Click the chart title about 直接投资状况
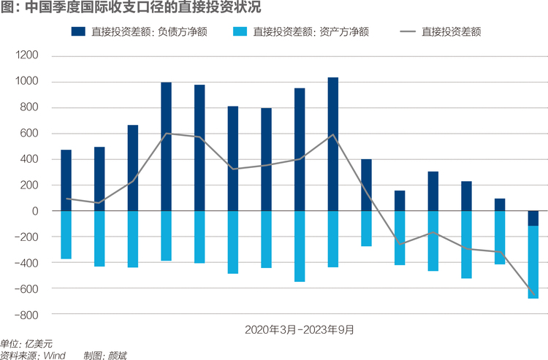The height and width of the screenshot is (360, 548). (x=131, y=7)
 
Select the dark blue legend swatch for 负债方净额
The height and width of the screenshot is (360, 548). (x=78, y=31)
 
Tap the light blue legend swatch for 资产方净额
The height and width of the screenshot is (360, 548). (x=240, y=31)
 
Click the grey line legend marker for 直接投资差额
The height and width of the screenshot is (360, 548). (x=408, y=32)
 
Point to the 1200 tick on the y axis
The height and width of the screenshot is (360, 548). (x=27, y=55)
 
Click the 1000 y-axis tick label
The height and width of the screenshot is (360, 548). (x=27, y=81)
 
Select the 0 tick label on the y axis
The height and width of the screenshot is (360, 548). (x=35, y=211)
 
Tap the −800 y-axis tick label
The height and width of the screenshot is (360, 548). (x=26, y=315)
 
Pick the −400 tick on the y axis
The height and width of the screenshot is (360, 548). (x=26, y=263)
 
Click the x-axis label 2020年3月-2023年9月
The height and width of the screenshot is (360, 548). (x=300, y=329)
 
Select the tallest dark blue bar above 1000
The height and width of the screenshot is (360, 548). (x=333, y=144)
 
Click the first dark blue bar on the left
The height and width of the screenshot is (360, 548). (x=66, y=180)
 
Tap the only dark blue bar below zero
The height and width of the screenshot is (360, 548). (x=533, y=218)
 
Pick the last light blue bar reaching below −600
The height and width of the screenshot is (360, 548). (x=533, y=262)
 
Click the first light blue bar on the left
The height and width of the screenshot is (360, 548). (x=66, y=235)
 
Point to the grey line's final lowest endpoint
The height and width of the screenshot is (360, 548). (x=533, y=294)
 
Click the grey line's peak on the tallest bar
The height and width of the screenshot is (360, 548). (x=333, y=134)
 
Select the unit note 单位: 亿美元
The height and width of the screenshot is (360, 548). (x=26, y=344)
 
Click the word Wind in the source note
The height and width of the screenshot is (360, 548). (x=55, y=356)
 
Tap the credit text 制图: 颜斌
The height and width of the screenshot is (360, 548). (x=105, y=356)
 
